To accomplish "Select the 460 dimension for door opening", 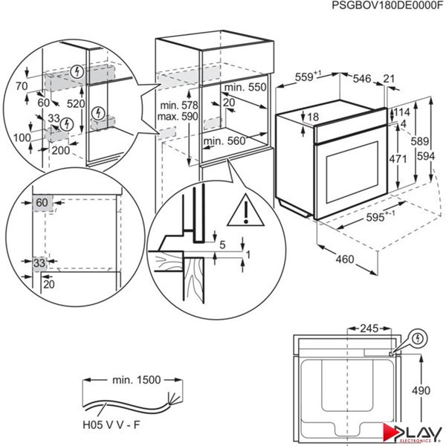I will click(x=341, y=260).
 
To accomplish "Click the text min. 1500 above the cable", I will click(x=135, y=380).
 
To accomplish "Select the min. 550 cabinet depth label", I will click(x=246, y=87).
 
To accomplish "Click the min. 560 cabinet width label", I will click(x=224, y=140).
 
